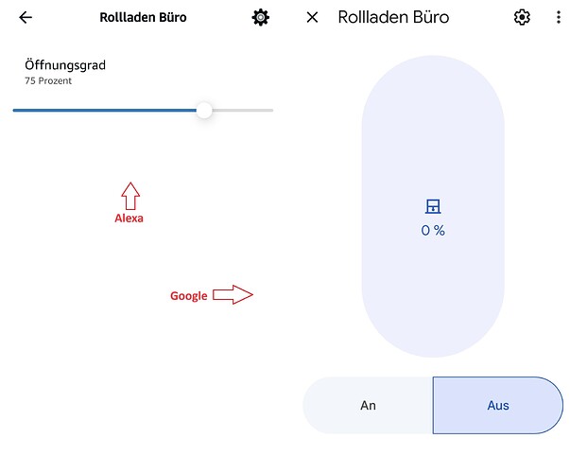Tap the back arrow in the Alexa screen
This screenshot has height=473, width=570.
[26, 17]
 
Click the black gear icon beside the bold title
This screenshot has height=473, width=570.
[260, 17]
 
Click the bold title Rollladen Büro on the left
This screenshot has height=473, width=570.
[143, 17]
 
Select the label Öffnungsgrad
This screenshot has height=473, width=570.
[65, 65]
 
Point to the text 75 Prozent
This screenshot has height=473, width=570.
[48, 81]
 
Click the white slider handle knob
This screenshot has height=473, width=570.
[204, 111]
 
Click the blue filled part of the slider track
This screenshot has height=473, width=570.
[104, 111]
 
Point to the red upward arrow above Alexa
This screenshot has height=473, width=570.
[130, 196]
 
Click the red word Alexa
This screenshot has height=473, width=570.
[129, 218]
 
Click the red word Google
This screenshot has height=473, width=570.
[188, 296]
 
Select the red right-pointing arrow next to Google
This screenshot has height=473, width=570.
[233, 295]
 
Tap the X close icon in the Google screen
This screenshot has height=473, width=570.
[313, 17]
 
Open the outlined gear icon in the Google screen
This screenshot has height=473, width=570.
[522, 17]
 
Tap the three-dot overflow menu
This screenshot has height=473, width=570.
[557, 17]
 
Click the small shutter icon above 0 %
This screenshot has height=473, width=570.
[433, 207]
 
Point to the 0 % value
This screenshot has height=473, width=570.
[433, 230]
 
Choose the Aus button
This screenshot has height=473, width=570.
[497, 405]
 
